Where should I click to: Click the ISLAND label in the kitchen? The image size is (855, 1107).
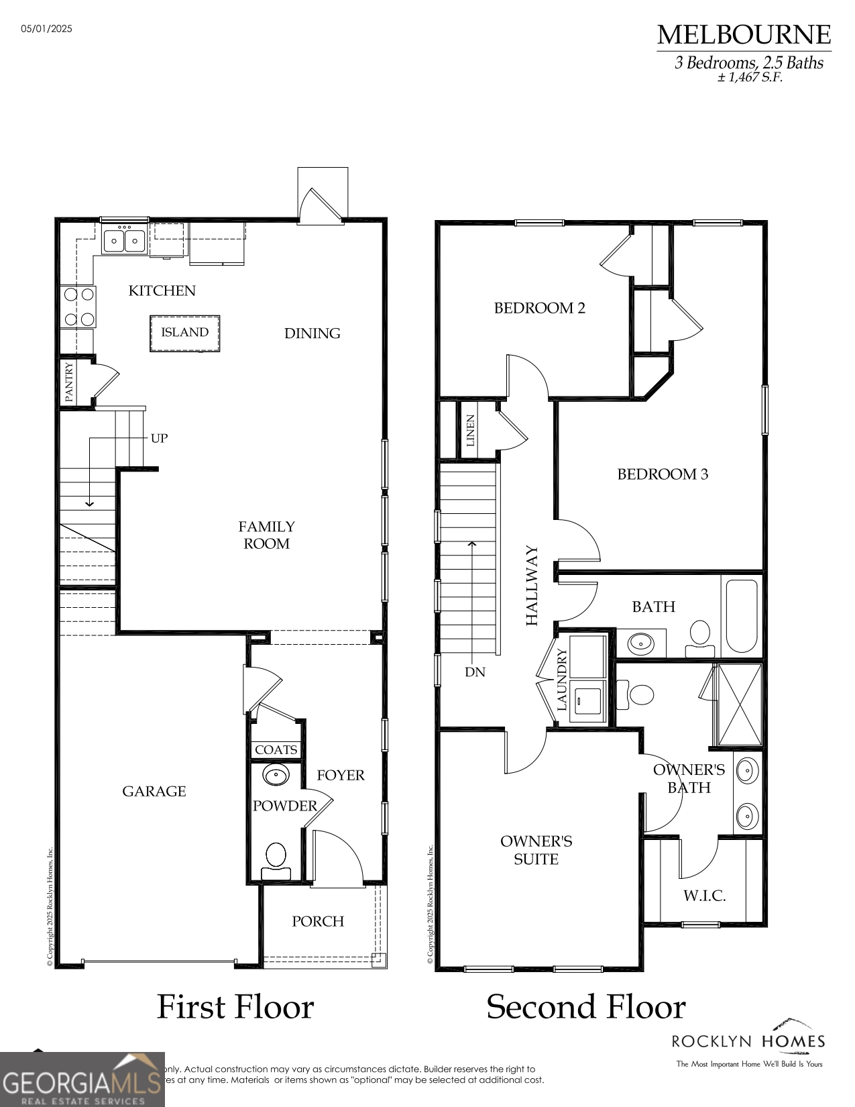[184, 333]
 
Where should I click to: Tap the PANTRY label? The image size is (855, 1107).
[69, 382]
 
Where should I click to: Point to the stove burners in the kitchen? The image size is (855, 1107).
[78, 307]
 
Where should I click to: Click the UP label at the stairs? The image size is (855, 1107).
[159, 438]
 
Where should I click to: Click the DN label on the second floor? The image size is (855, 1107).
[475, 672]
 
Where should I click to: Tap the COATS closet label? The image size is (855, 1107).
[276, 750]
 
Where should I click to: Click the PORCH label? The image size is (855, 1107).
[318, 922]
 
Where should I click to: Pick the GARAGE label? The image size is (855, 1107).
[154, 792]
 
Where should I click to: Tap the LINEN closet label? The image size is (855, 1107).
[470, 431]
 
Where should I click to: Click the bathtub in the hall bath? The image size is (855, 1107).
[741, 616]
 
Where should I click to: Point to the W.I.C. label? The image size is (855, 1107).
[704, 896]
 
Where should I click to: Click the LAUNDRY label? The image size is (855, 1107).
[562, 680]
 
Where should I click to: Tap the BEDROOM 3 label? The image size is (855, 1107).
[662, 474]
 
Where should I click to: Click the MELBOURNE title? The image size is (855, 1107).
[743, 35]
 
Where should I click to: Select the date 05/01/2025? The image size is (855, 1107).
[46, 29]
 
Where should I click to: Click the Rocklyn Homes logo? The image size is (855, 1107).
[748, 1042]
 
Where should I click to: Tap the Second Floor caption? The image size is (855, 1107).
[585, 1007]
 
